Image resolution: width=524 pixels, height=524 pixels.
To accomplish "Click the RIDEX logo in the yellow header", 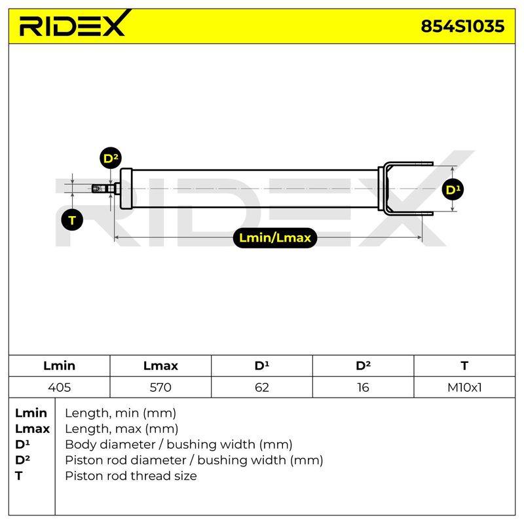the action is pos(73,24).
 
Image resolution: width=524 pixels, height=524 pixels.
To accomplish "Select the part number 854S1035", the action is pos(462,26).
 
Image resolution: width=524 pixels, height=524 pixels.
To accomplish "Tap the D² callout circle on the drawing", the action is pos(111,158).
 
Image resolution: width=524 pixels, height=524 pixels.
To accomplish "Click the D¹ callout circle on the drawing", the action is pos(453,190).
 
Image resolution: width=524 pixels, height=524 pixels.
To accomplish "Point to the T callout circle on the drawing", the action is pos(72,221).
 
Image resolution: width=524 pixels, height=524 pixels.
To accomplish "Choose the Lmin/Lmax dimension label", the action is pos(274,238).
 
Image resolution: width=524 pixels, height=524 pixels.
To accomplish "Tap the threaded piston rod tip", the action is pos(99,189).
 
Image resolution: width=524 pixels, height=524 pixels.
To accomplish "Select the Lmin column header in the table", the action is pos(59,365).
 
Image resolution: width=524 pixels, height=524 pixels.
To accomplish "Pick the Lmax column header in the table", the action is pos(160,365).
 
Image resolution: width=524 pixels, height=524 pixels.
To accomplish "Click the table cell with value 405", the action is pos(59,387).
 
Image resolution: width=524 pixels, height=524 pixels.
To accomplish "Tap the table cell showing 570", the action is pos(160,387).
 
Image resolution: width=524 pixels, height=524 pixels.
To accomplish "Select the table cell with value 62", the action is pos(261,387).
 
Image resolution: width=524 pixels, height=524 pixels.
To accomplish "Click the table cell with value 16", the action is pos(363,387).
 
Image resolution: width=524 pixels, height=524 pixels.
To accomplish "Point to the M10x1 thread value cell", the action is pos(464,387).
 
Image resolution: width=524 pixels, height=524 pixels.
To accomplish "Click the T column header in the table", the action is pos(464,365).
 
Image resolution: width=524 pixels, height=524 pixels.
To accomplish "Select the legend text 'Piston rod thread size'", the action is pos(130,476).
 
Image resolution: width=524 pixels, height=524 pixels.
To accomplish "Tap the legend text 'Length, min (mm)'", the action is pos(121,413).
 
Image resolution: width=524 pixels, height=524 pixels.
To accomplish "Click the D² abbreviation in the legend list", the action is pos(22,460).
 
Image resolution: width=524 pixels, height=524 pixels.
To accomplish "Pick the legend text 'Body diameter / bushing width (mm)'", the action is pos(179,445).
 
